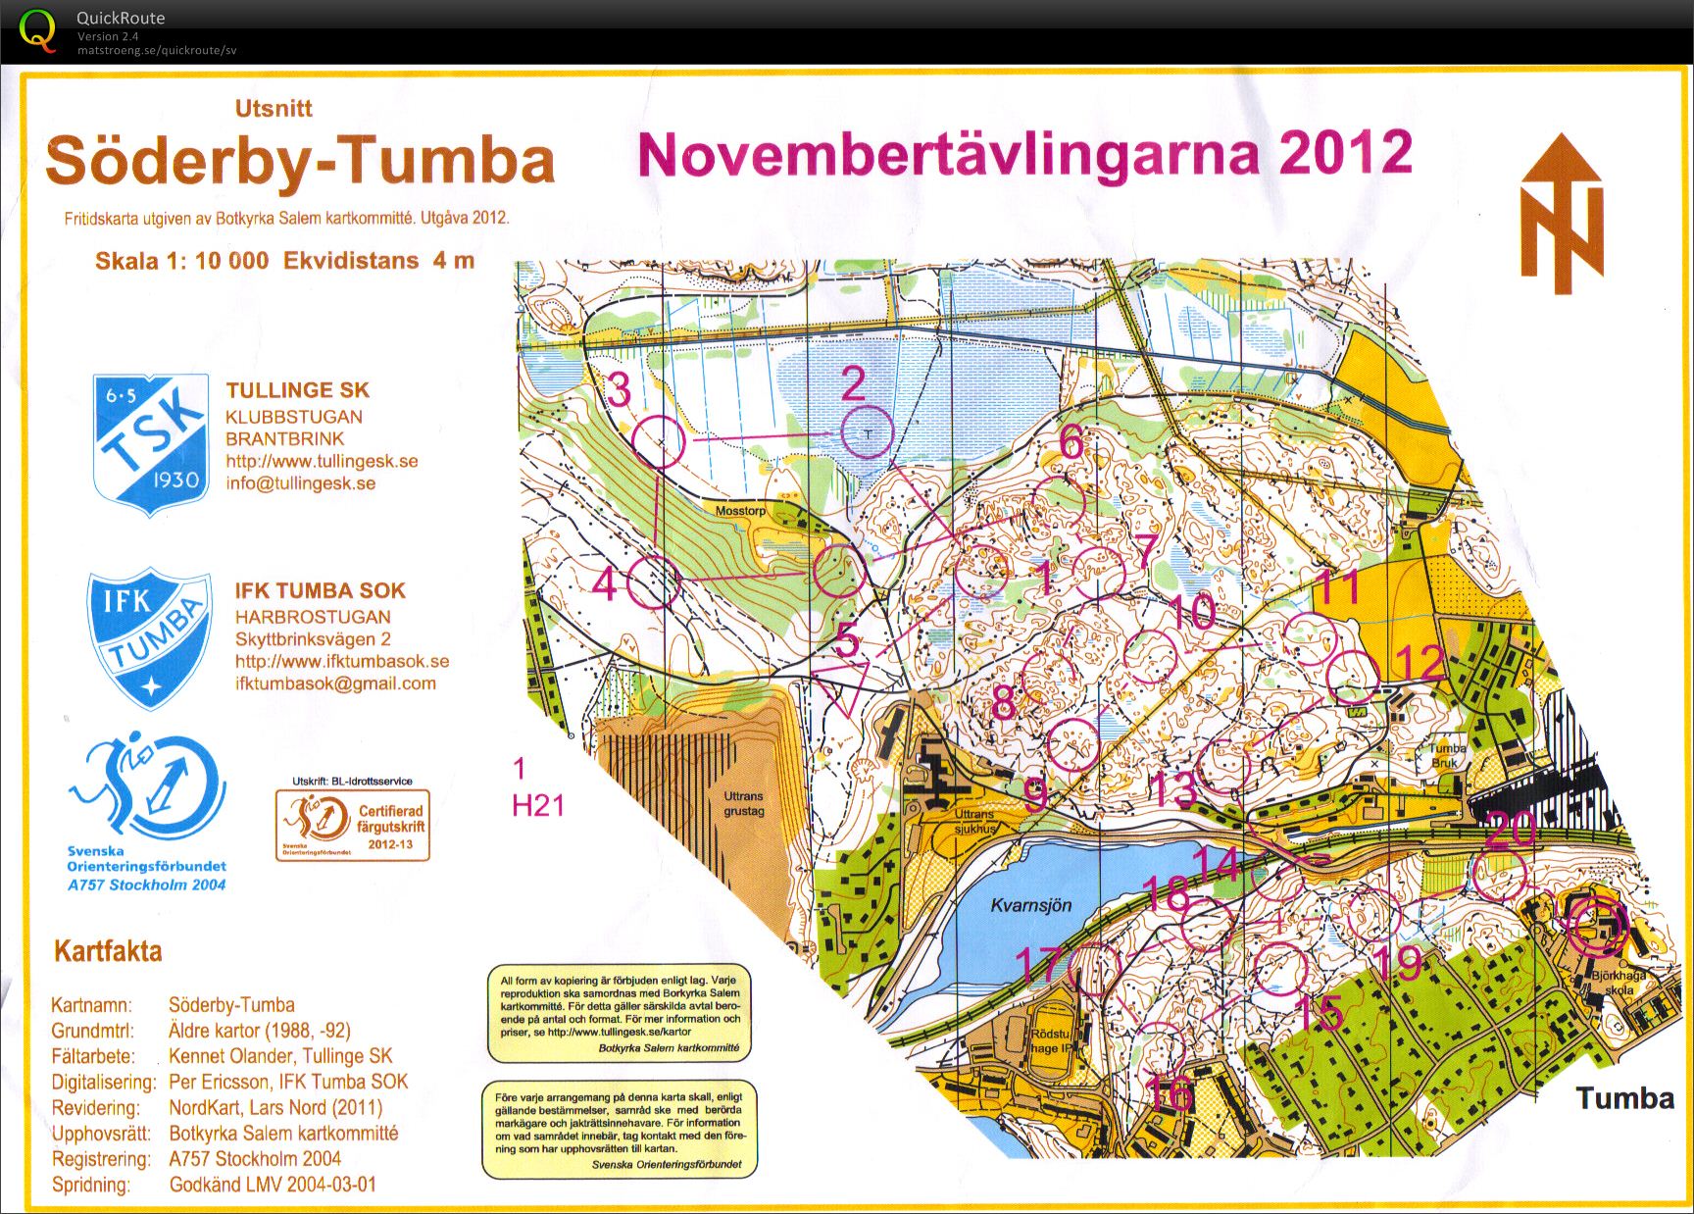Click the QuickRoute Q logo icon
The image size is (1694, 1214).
[x=36, y=28]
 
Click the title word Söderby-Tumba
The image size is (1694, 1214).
[x=300, y=161]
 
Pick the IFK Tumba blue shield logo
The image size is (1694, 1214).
[x=150, y=637]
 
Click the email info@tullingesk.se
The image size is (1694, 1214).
[x=300, y=483]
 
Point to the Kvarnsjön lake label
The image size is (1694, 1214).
[x=1030, y=905]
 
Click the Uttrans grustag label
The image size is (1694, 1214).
[x=743, y=804]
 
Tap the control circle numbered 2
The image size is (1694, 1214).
[x=868, y=432]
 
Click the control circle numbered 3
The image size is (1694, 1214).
[x=658, y=440]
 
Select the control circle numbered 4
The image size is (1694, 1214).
[x=652, y=583]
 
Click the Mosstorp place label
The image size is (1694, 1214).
[x=740, y=511]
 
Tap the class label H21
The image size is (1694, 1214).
[x=538, y=806]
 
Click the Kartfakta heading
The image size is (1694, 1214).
[x=108, y=951]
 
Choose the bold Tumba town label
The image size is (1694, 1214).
[x=1624, y=1097]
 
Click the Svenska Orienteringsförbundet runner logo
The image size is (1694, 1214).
[x=147, y=789]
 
